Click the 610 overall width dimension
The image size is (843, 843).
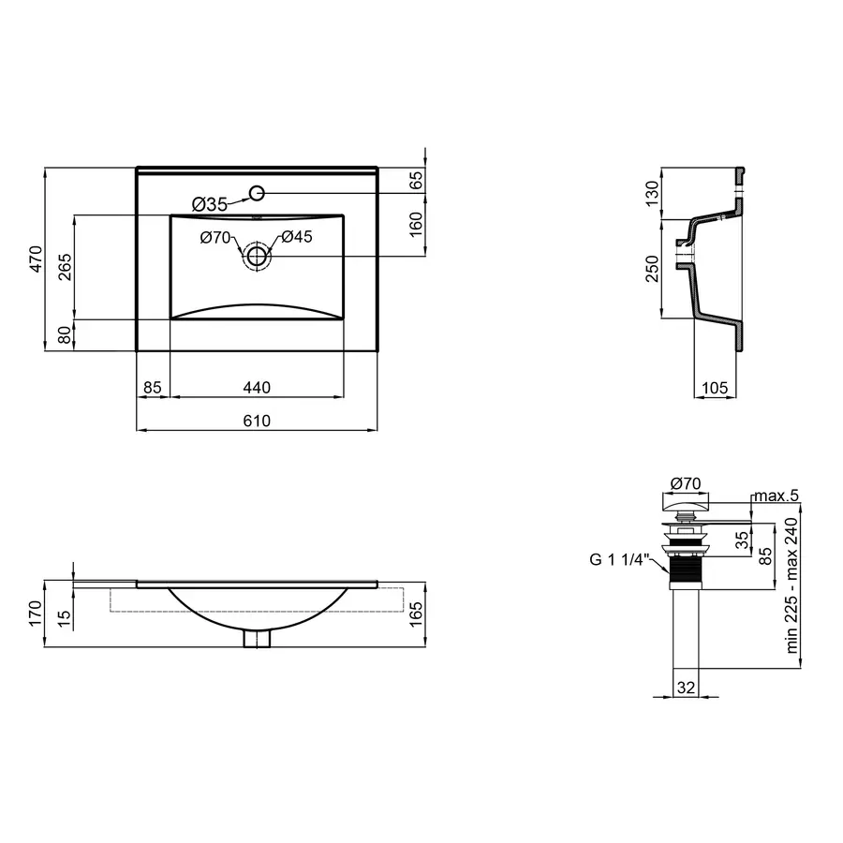[257, 421]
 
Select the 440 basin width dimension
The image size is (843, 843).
[257, 387]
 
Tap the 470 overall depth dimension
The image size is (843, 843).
[37, 259]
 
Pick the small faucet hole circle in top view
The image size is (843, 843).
[258, 194]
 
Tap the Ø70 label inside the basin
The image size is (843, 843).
[215, 238]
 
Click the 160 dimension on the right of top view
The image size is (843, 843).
[417, 225]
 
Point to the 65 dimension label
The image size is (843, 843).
[417, 182]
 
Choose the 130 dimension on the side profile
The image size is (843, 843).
[653, 194]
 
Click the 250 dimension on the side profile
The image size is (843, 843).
[653, 268]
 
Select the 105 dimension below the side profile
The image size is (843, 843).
[716, 387]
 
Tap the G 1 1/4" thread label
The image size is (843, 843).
[619, 560]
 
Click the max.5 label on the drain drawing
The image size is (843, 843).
[776, 495]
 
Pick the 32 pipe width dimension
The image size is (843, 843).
[686, 688]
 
